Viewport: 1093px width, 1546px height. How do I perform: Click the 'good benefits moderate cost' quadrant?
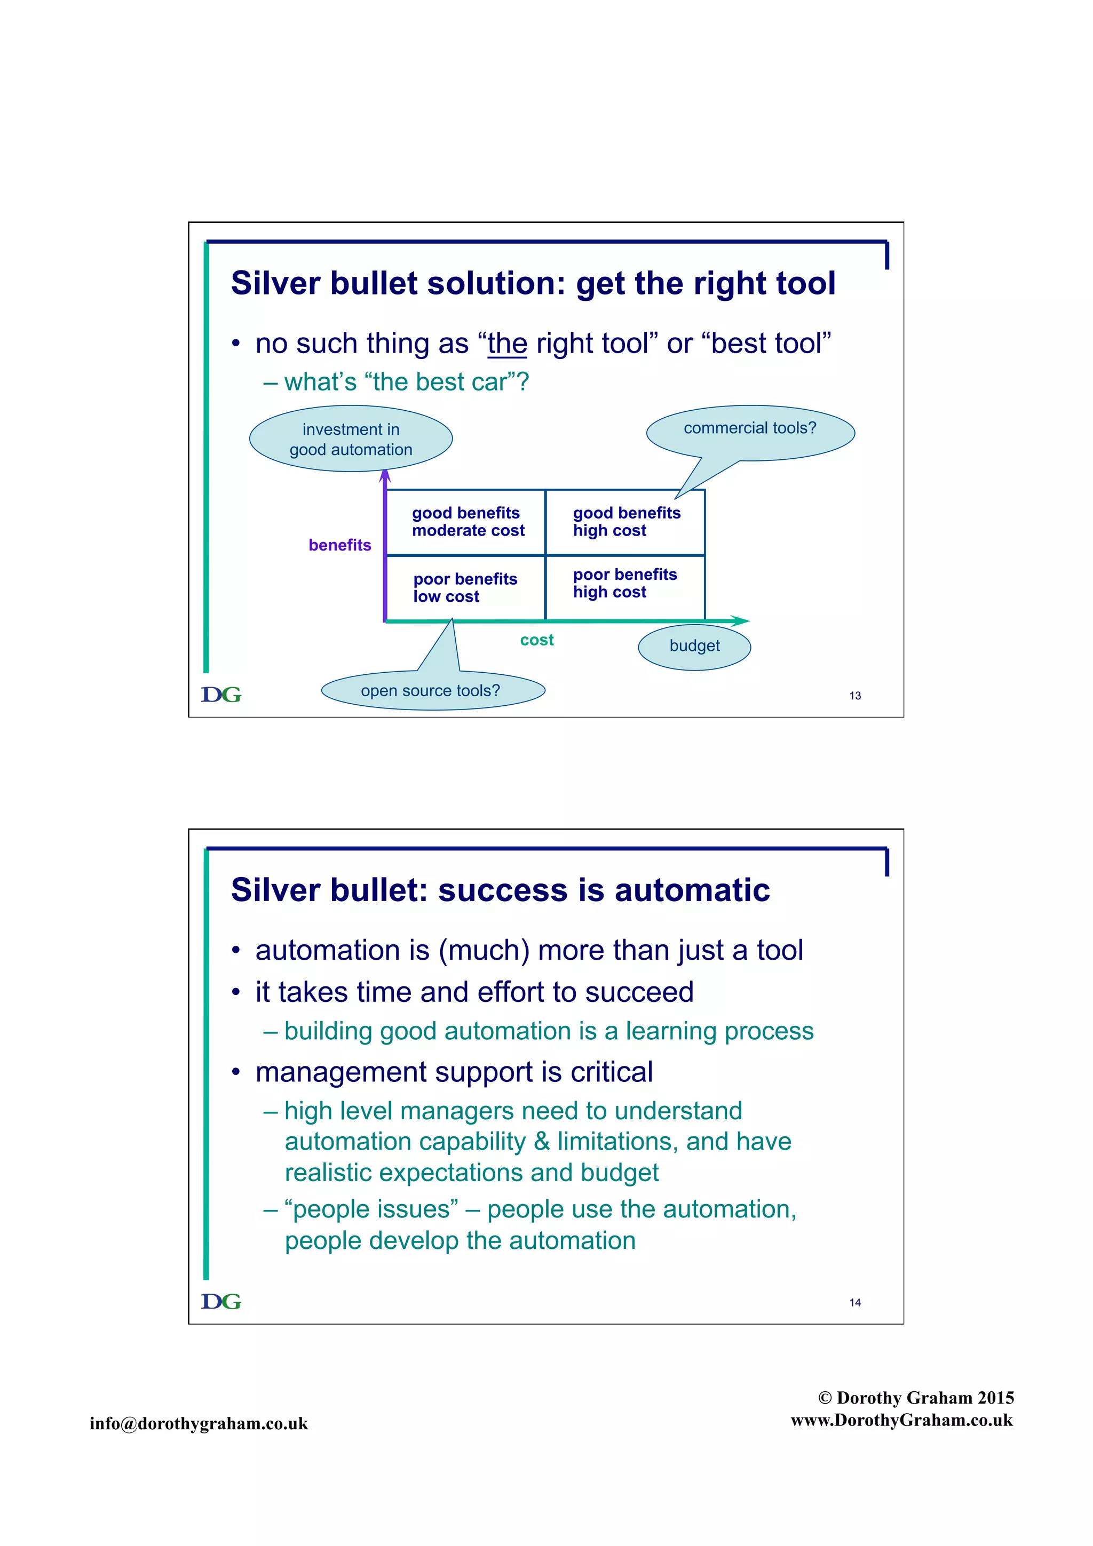coord(465,522)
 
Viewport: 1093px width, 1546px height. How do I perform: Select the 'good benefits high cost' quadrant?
coord(625,522)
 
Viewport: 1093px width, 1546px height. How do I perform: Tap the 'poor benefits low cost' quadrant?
coord(465,588)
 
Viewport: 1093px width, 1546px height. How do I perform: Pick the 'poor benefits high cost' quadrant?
coord(625,583)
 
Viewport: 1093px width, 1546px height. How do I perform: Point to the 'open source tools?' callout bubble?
coord(432,691)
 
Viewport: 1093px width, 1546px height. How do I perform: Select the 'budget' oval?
coord(694,647)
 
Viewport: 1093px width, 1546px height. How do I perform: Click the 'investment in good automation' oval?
coord(351,439)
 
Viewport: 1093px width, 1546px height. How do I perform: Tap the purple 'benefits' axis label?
coord(339,545)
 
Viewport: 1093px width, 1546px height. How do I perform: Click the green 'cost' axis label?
coord(537,640)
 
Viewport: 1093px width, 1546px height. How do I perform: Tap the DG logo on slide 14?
coord(221,1302)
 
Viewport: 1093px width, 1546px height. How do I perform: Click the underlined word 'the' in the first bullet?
coord(507,344)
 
